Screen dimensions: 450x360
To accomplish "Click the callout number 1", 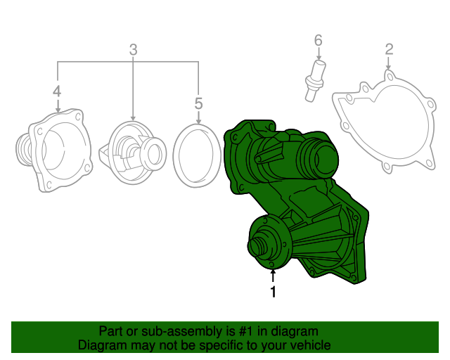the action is pyautogui.click(x=274, y=292).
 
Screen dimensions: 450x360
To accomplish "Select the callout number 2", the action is pyautogui.click(x=389, y=49).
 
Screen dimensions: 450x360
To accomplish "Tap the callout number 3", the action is pyautogui.click(x=133, y=50).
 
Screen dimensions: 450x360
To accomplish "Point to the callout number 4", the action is pyautogui.click(x=57, y=91).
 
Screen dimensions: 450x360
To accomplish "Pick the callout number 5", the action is pyautogui.click(x=198, y=103).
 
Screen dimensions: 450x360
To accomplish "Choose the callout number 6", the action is pyautogui.click(x=319, y=41).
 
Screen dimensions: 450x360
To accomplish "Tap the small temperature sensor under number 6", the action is pyautogui.click(x=315, y=81).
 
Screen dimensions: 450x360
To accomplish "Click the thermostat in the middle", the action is pyautogui.click(x=133, y=153).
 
